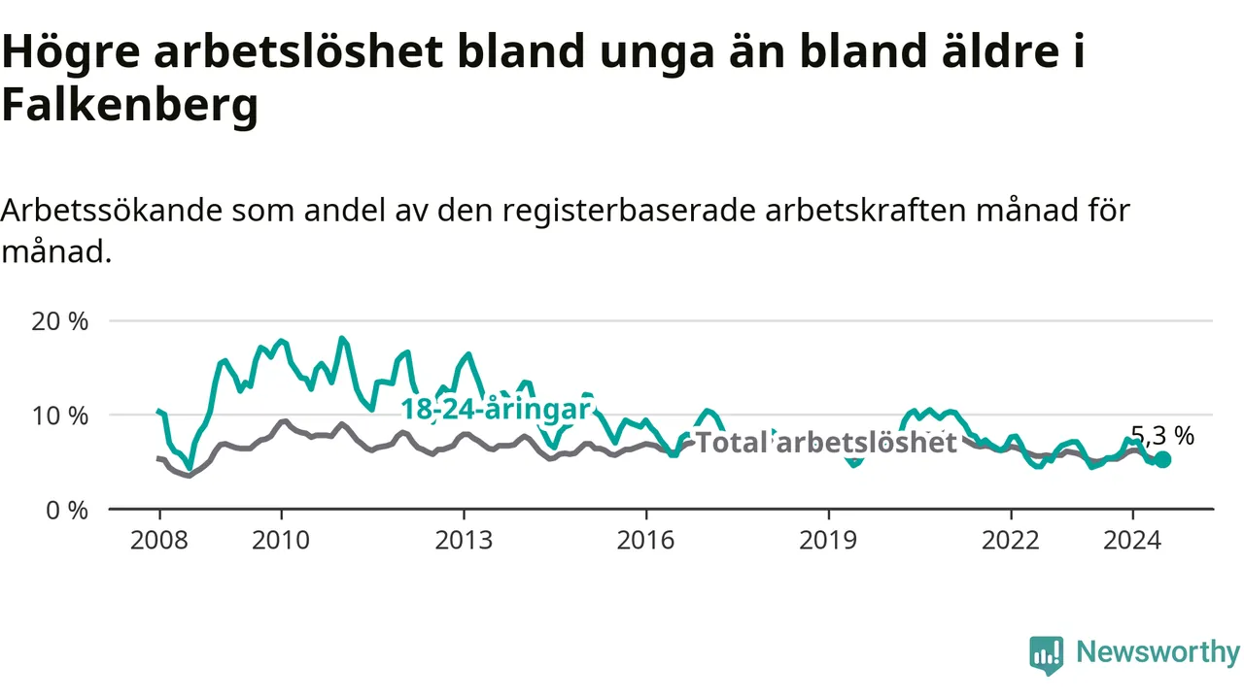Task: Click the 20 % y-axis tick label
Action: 59,321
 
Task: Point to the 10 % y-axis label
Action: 59,416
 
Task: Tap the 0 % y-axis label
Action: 67,511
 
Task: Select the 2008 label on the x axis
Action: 159,541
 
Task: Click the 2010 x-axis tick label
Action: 281,541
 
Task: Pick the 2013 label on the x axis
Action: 464,541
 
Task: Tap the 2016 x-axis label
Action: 646,541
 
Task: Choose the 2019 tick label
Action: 828,541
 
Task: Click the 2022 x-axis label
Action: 1011,541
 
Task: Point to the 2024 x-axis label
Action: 1132,541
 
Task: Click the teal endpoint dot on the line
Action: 1162,459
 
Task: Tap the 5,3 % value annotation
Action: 1162,436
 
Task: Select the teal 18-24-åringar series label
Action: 496,410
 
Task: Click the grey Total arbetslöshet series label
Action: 826,443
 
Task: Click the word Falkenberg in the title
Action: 130,106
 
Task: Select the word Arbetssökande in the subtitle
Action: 112,211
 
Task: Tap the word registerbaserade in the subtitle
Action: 629,211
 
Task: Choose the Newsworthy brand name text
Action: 1158,652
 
